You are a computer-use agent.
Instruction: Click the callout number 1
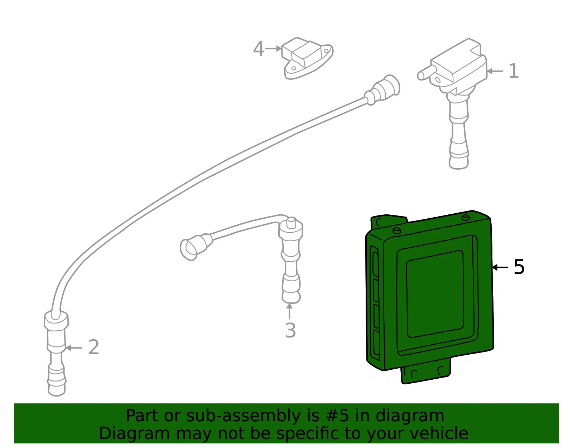point(514,71)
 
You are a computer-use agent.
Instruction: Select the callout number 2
point(93,347)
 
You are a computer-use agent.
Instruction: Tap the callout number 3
point(290,330)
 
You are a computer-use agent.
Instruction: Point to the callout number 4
point(259,49)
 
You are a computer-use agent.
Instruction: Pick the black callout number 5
point(519,267)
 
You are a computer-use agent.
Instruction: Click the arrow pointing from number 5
point(500,267)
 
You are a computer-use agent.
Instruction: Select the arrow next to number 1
point(495,71)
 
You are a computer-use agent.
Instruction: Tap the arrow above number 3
point(289,311)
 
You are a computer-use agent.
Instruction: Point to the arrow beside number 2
point(73,348)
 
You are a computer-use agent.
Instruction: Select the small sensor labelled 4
point(307,58)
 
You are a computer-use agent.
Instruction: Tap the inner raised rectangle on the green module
point(435,294)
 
